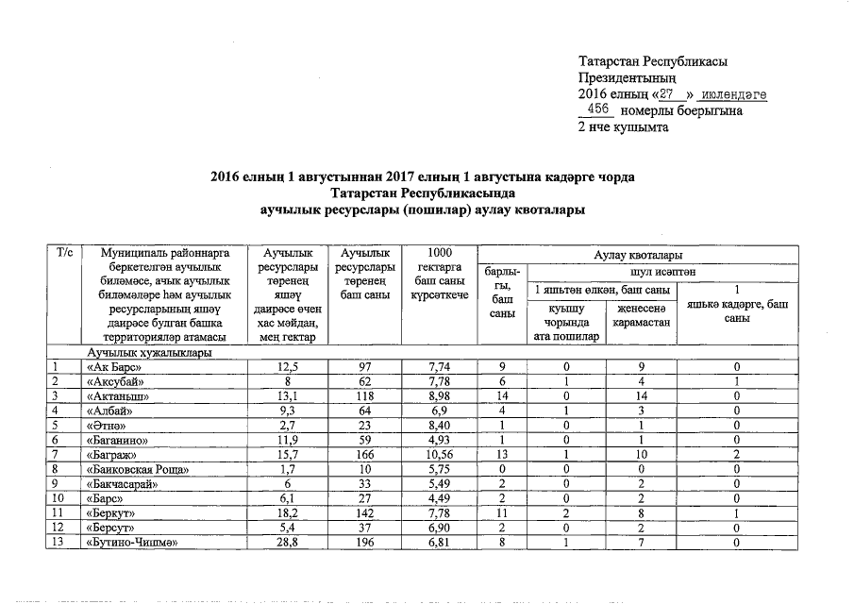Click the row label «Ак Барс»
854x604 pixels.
pos(114,366)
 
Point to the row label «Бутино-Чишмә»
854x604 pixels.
pos(131,543)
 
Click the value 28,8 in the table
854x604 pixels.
pos(282,543)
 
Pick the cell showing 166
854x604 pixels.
pos(360,454)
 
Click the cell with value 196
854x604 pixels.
pos(360,543)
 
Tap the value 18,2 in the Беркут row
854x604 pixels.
pos(282,512)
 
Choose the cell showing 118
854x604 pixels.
pos(360,395)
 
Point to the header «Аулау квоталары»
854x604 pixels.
pos(638,255)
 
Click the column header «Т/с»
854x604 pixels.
pos(66,255)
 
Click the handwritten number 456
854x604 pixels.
pos(598,110)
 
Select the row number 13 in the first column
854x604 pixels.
pos(59,543)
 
